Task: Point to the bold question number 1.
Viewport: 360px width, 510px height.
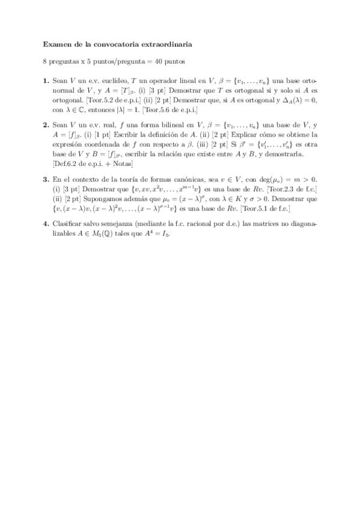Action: coord(46,80)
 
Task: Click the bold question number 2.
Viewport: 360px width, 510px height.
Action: coord(46,124)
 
